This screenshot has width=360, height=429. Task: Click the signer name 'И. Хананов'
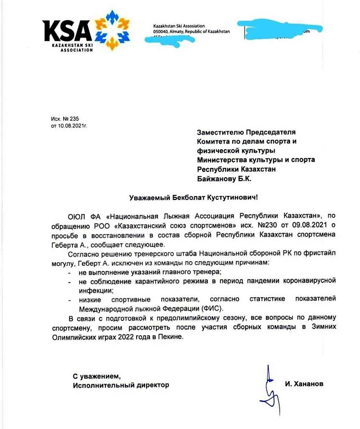pos(304,384)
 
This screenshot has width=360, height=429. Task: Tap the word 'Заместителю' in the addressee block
pos(220,132)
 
